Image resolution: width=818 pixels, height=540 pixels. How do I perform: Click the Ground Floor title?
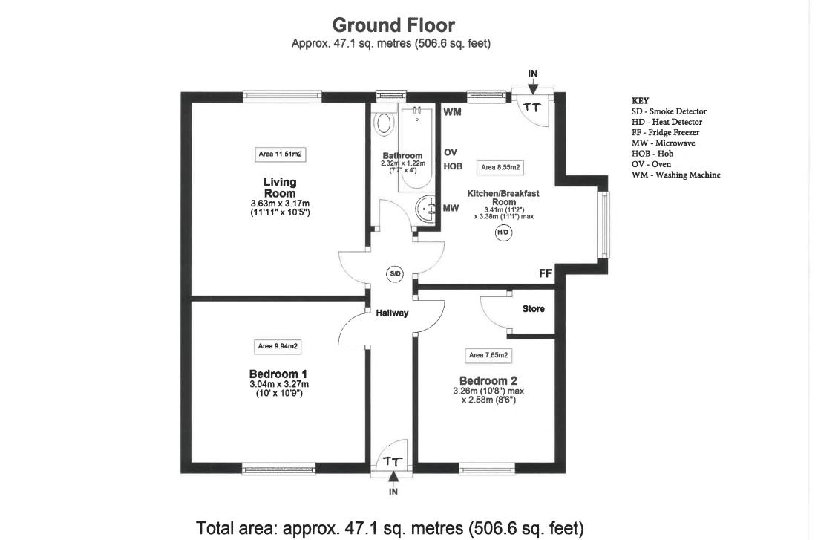[x=393, y=25]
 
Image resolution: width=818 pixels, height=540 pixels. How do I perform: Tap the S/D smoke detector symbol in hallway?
[x=394, y=274]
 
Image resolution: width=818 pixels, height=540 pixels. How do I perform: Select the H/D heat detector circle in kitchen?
[x=503, y=232]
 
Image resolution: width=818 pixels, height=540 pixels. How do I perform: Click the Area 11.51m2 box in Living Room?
[x=281, y=154]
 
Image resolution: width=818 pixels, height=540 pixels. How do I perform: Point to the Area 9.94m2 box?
[x=278, y=346]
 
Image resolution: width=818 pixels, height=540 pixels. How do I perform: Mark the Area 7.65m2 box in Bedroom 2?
[x=487, y=356]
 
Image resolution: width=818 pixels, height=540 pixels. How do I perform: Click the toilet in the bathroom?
[x=384, y=123]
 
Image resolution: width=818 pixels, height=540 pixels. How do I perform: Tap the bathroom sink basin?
[x=427, y=209]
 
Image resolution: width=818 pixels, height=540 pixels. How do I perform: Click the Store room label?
[x=533, y=309]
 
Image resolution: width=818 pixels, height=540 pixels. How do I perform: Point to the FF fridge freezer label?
[x=546, y=274]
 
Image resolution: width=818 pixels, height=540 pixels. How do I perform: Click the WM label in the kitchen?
[x=453, y=113]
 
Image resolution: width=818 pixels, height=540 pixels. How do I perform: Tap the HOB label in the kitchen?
[x=453, y=167]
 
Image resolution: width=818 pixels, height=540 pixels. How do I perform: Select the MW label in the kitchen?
[x=451, y=209]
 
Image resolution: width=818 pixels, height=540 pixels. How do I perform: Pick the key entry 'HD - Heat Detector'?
[x=667, y=122]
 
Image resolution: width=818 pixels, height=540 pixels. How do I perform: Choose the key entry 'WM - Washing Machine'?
[x=675, y=175]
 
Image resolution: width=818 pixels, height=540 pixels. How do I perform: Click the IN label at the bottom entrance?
[x=393, y=492]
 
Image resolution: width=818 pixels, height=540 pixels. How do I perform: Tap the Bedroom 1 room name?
[x=278, y=374]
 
